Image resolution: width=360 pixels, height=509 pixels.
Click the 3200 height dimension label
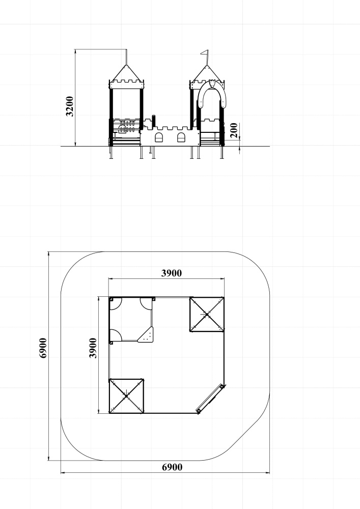(69, 106)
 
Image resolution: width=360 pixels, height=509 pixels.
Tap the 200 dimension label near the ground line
(234, 130)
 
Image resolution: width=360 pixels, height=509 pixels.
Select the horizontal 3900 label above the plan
(172, 273)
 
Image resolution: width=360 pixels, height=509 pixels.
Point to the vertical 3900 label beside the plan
(93, 348)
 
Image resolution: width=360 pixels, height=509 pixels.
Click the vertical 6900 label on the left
(43, 348)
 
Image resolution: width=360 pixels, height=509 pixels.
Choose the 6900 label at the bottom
(172, 467)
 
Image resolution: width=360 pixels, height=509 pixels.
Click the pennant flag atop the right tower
(205, 52)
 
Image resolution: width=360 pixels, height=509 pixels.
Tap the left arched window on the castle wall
(159, 137)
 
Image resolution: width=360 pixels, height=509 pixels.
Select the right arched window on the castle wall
(181, 137)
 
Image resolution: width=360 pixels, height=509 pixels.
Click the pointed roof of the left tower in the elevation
(126, 73)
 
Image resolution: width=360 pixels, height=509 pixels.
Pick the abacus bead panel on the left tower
(127, 127)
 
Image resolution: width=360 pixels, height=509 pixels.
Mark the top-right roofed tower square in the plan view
(207, 314)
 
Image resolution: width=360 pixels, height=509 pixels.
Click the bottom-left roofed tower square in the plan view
(126, 396)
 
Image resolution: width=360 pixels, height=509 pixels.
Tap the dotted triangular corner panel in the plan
(147, 335)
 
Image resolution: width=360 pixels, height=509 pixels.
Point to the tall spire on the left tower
(126, 57)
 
